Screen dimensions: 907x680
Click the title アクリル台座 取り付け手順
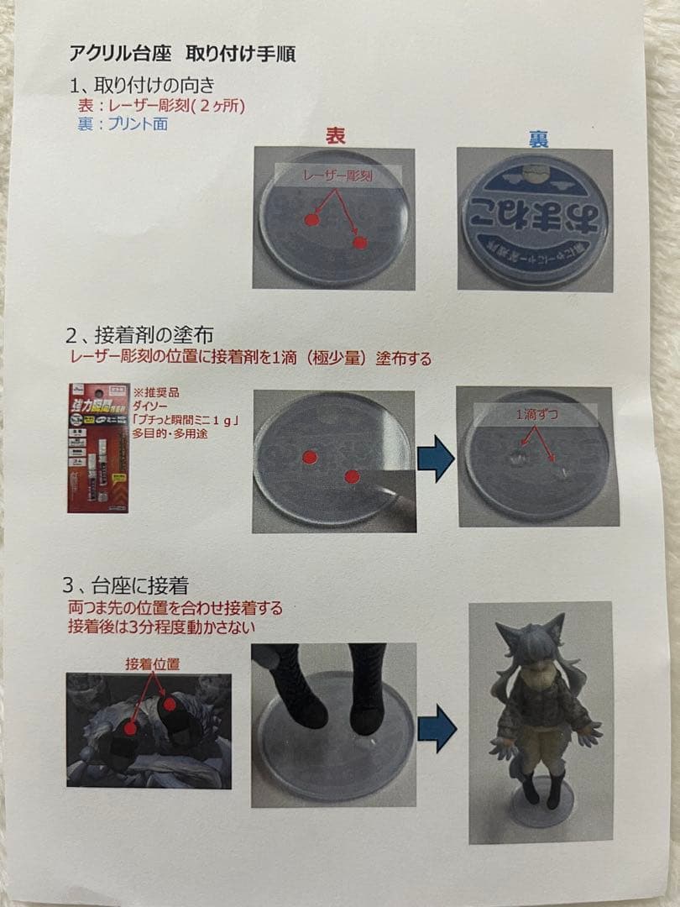click(182, 55)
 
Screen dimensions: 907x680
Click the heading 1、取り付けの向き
click(142, 85)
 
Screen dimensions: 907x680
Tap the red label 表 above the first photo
click(336, 136)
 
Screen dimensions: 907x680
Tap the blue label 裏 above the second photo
click(538, 139)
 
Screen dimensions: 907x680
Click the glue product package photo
click(98, 448)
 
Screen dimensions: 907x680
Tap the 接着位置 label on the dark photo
click(151, 663)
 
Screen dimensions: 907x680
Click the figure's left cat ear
click(507, 635)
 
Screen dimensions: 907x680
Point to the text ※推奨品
click(151, 393)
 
